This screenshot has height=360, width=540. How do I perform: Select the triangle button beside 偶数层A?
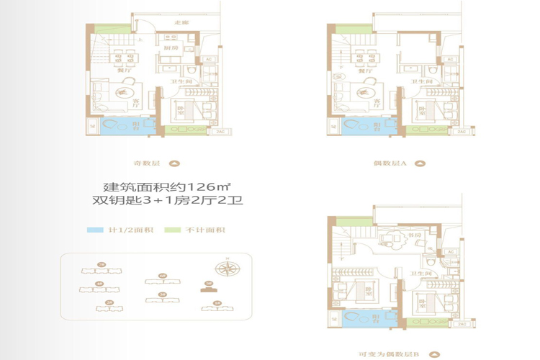423,163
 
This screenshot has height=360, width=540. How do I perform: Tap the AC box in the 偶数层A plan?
449,59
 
